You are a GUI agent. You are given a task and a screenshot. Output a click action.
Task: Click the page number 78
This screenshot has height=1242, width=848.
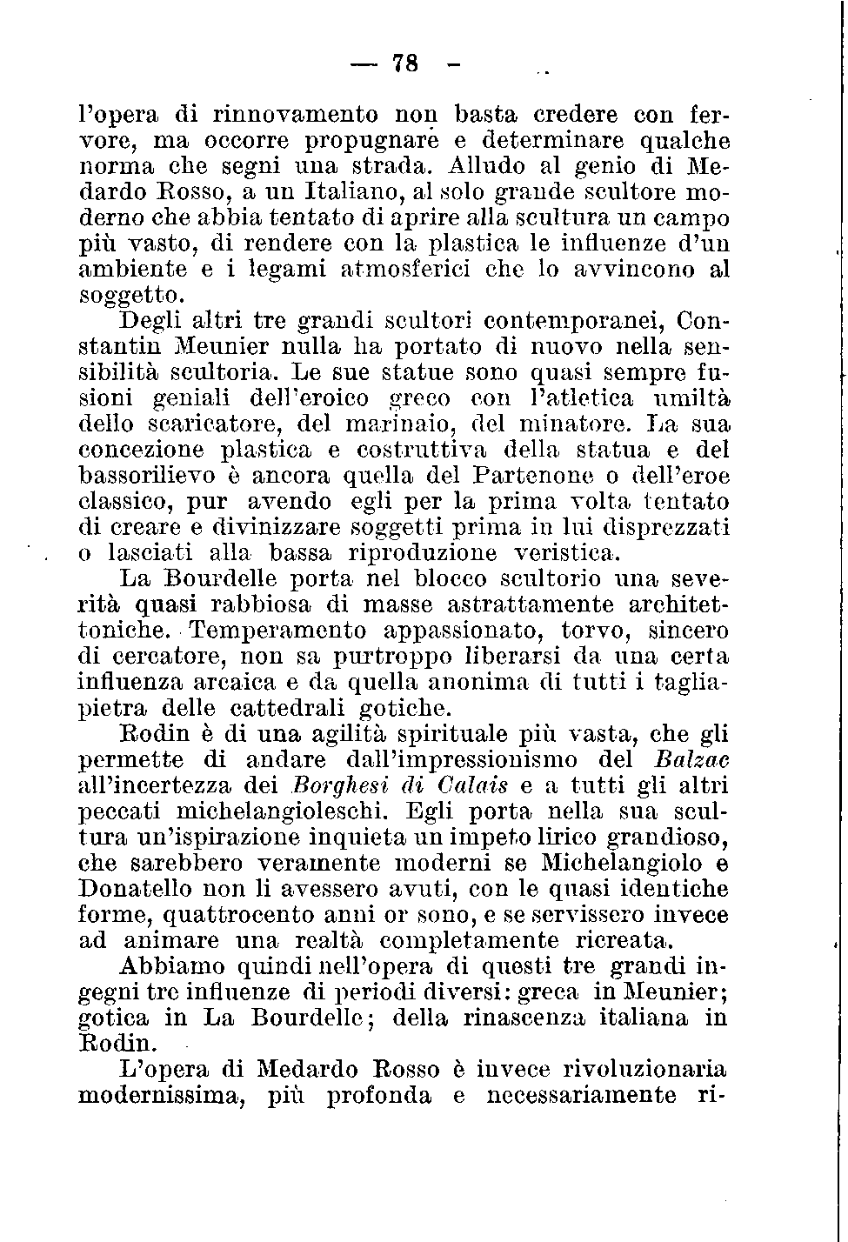point(406,63)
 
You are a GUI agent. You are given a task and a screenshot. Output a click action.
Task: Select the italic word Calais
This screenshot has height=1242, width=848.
point(473,785)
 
